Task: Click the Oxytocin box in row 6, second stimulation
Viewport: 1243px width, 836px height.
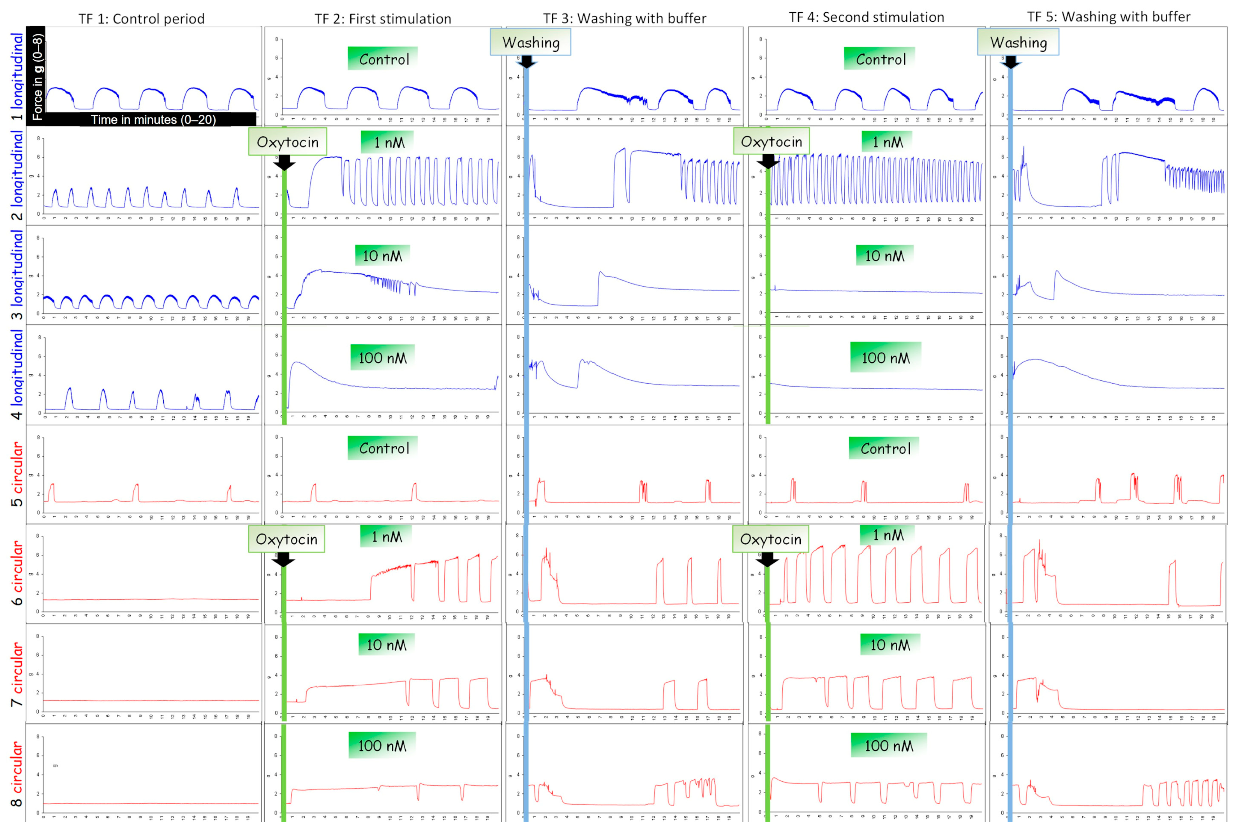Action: (770, 539)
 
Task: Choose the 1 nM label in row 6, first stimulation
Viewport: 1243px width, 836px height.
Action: (387, 536)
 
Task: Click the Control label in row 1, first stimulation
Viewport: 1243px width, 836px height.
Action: (383, 59)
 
